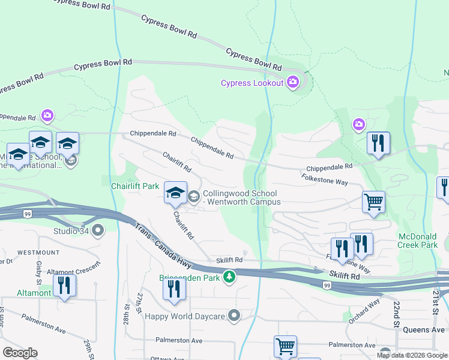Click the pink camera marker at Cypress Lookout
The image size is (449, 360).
point(293,82)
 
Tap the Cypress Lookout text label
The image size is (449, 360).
point(252,83)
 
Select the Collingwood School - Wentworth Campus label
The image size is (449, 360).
point(241,197)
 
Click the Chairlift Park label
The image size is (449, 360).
point(135,186)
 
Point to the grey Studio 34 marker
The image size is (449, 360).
point(98,229)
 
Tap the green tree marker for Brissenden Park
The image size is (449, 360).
point(228,277)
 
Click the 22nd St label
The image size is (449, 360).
point(397,314)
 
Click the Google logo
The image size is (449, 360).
point(20,353)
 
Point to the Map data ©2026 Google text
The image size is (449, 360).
point(412,355)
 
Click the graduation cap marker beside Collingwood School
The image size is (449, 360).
point(175,193)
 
